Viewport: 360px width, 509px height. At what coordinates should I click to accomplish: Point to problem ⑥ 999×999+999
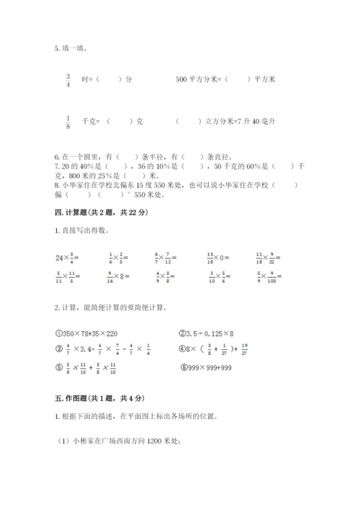click(207, 373)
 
